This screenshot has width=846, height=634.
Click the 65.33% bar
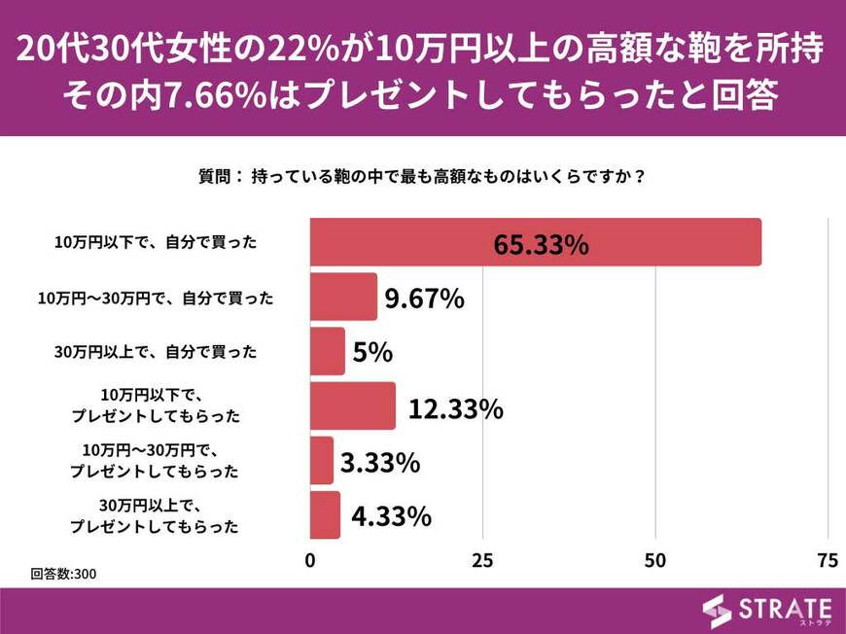click(535, 242)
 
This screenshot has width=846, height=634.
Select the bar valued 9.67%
click(343, 297)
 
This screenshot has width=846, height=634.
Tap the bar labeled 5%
click(328, 351)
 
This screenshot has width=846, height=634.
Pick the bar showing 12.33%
click(353, 405)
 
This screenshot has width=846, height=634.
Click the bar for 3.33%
click(322, 461)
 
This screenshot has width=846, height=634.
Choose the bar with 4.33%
click(325, 515)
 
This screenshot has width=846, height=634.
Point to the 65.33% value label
click(541, 244)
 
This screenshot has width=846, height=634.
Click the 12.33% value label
click(455, 408)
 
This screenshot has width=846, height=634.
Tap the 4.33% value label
click(390, 516)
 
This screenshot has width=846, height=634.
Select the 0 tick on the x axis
click(310, 561)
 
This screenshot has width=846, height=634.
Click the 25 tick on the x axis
click(482, 561)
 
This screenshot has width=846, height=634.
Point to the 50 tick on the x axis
click(655, 561)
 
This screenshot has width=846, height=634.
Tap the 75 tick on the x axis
click(828, 561)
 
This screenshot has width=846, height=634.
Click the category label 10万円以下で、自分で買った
click(156, 243)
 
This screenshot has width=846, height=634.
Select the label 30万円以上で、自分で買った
click(156, 352)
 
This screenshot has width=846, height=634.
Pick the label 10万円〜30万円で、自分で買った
click(156, 298)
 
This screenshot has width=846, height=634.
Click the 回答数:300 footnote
click(63, 574)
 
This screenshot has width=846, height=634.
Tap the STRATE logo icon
click(717, 610)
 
